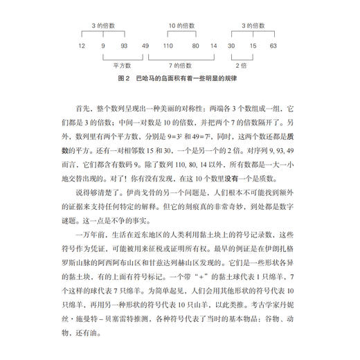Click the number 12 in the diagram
[x=82, y=46]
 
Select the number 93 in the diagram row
[x=125, y=46]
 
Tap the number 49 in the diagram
[x=145, y=46]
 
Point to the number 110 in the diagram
[x=167, y=46]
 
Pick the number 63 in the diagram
[x=273, y=46]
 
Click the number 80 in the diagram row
[x=196, y=46]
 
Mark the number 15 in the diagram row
[x=253, y=46]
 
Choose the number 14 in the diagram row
[x=214, y=46]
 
